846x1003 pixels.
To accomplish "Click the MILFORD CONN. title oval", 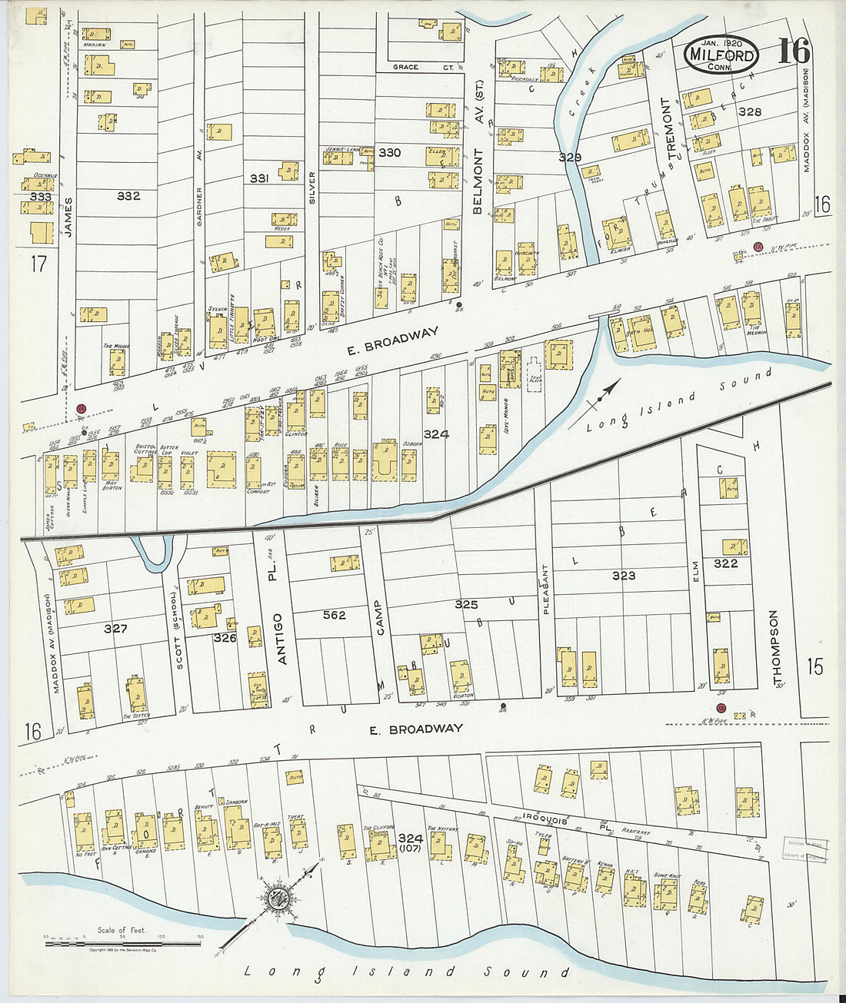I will click(721, 55).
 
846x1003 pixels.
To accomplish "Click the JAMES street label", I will click(68, 217).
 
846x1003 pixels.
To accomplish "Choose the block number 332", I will click(128, 196).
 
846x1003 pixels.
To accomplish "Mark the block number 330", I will click(389, 152).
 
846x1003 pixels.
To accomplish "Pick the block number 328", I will click(749, 111).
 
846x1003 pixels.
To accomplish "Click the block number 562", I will click(335, 615).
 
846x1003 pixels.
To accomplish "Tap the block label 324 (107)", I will click(411, 842).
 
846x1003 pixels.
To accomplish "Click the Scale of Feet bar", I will click(123, 942).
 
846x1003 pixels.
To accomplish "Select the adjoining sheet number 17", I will click(38, 264).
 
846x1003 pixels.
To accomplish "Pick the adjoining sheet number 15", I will click(814, 666).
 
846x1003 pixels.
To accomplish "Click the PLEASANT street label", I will click(546, 590).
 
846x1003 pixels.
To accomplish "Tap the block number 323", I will click(624, 575).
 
